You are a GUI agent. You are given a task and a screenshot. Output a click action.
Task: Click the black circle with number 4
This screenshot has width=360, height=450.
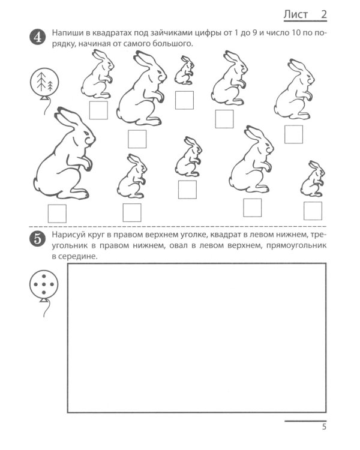[38, 37]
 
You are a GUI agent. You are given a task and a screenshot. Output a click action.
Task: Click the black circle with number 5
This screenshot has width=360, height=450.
[38, 239]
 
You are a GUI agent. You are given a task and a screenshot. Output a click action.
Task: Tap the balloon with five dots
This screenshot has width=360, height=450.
[44, 284]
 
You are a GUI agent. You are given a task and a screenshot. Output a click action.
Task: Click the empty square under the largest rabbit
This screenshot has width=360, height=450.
[57, 214]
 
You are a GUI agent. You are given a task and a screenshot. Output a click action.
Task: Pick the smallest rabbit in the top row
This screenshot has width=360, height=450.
[184, 70]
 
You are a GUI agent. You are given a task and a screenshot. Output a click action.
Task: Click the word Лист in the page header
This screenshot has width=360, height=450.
[296, 14]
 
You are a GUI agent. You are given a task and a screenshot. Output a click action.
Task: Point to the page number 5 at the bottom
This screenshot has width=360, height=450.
[324, 427]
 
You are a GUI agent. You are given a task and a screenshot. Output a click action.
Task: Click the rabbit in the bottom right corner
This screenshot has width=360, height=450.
[313, 179]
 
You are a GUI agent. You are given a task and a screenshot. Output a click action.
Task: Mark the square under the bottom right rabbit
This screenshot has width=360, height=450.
[313, 211]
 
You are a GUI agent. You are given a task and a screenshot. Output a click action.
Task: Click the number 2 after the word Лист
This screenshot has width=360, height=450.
[324, 14]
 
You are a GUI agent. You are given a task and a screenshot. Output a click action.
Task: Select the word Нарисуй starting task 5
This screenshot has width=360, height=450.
[67, 235]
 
